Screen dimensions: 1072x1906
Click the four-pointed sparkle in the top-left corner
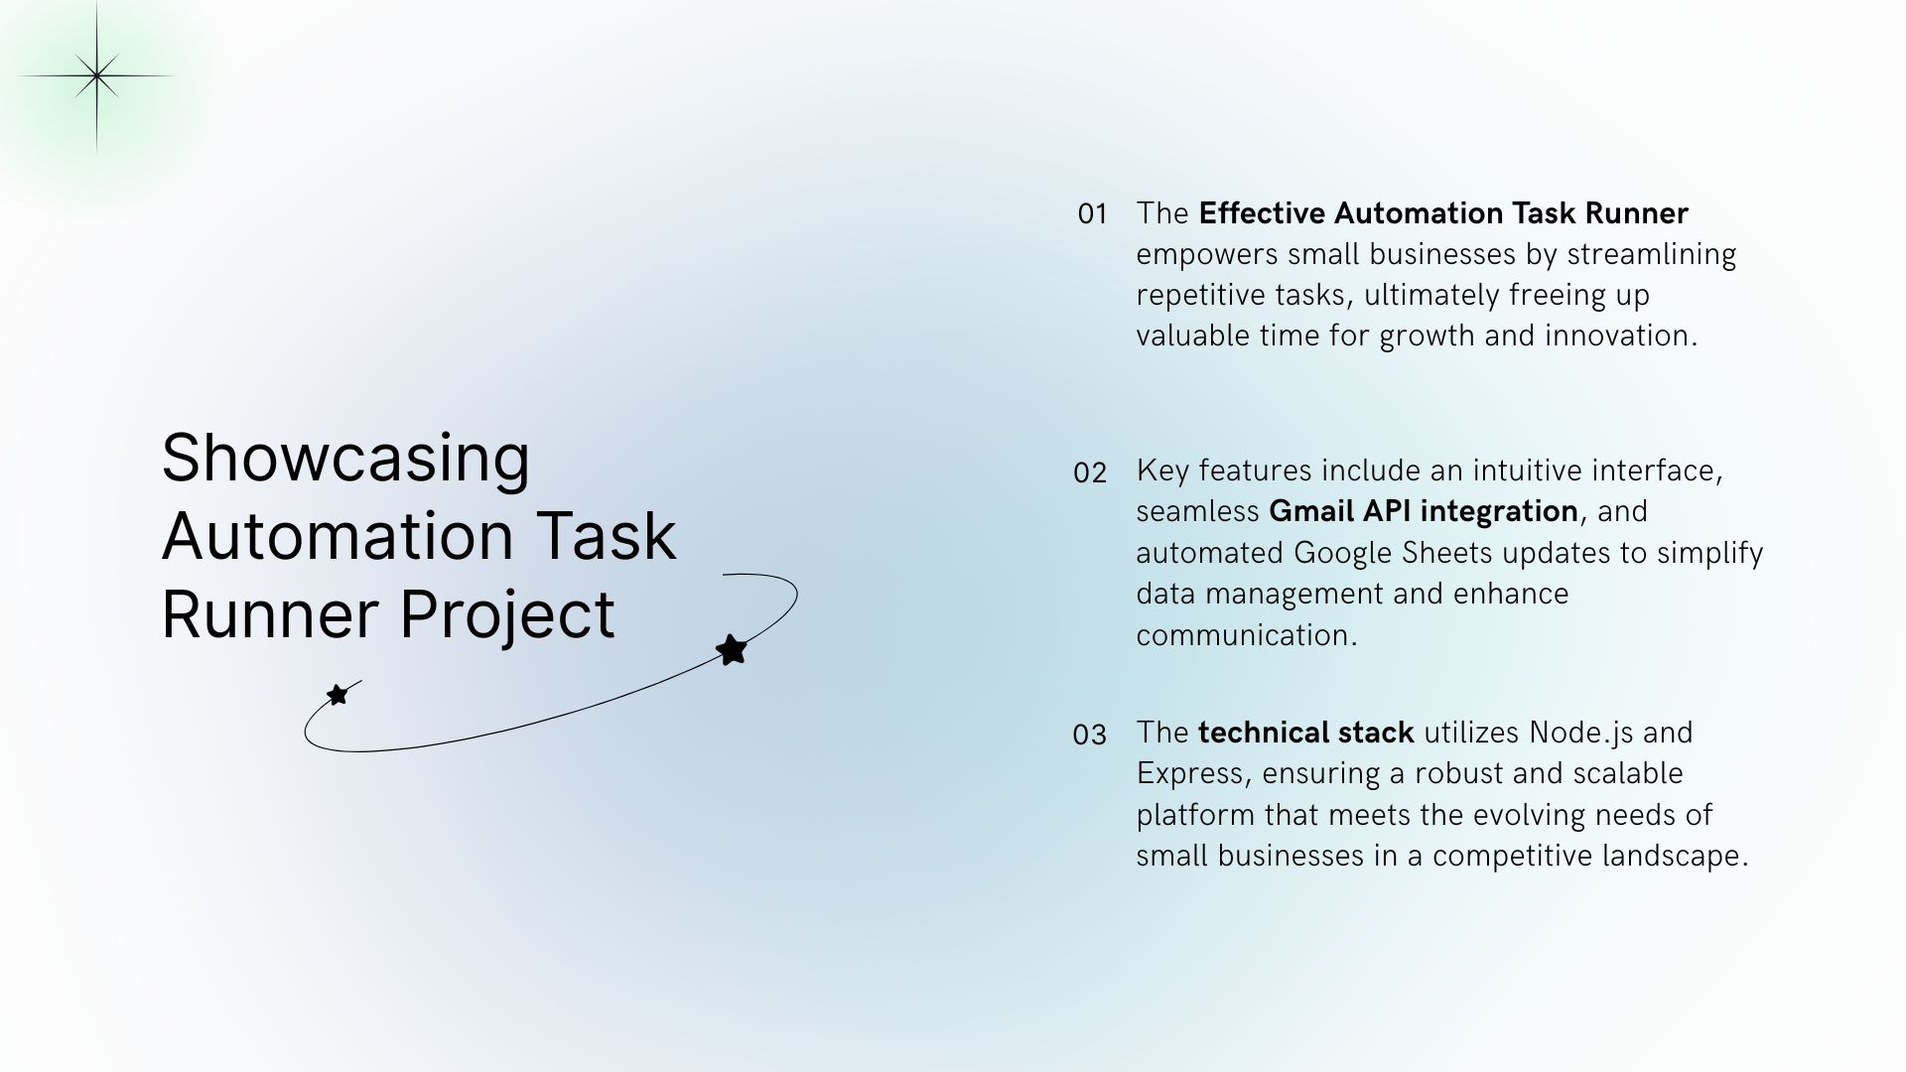click(x=96, y=76)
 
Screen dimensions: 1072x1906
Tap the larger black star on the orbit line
click(x=732, y=650)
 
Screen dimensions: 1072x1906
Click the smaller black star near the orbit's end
click(x=338, y=694)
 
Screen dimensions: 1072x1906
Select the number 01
click(x=1092, y=214)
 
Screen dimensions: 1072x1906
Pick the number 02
click(x=1090, y=473)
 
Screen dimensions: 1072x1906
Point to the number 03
click(x=1089, y=736)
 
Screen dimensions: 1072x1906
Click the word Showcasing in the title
click(x=345, y=459)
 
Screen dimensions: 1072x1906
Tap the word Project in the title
click(x=507, y=614)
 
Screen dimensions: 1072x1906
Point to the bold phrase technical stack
click(x=1305, y=733)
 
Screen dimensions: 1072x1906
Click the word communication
click(x=1246, y=635)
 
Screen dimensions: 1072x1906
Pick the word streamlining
click(x=1651, y=255)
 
